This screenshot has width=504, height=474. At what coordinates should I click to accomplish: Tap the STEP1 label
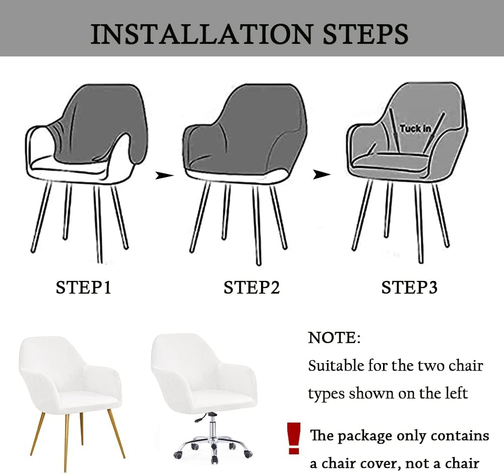pyautogui.click(x=83, y=288)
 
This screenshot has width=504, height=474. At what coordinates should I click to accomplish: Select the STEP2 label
pyautogui.click(x=251, y=288)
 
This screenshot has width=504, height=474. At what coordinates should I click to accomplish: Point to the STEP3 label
pyautogui.click(x=409, y=288)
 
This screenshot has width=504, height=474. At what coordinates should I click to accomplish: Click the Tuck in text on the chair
pyautogui.click(x=415, y=129)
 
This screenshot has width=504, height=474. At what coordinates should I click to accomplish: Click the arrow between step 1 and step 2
pyautogui.click(x=164, y=175)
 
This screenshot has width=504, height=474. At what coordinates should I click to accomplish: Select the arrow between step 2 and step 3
pyautogui.click(x=322, y=175)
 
